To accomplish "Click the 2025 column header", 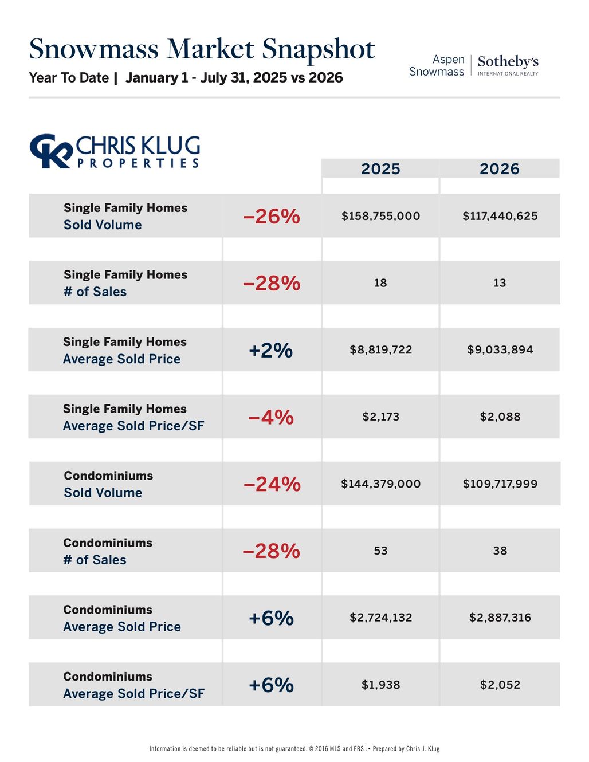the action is point(380,169).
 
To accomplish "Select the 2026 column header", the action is point(499,169).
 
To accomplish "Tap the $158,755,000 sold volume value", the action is point(381,216).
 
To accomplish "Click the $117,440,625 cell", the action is point(500,216).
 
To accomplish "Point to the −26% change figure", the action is point(272,217).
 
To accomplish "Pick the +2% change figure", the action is point(270,350).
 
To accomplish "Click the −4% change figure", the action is point(271,417).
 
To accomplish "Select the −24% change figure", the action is point(272,484).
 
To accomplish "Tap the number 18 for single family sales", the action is point(380,282).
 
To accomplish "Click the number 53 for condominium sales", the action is point(380,551).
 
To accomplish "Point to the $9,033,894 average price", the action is point(500,349).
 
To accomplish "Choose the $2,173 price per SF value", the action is point(381,417).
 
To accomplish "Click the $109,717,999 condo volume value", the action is point(500,484).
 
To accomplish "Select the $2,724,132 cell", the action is point(381,618).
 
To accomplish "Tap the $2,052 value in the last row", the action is point(500,685).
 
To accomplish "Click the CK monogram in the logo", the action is point(50,151).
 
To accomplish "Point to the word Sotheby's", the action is point(508,62).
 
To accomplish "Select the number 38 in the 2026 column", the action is point(500,551).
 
